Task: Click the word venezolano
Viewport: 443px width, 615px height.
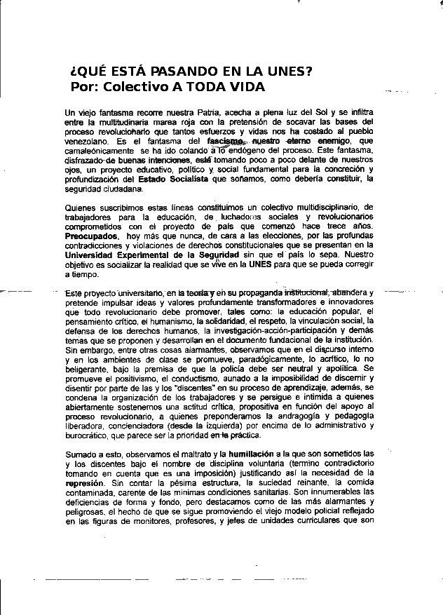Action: point(87,141)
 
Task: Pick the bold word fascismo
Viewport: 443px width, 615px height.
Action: point(224,141)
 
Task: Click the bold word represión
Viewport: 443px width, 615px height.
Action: point(83,483)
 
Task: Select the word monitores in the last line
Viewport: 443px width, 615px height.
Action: point(165,522)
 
